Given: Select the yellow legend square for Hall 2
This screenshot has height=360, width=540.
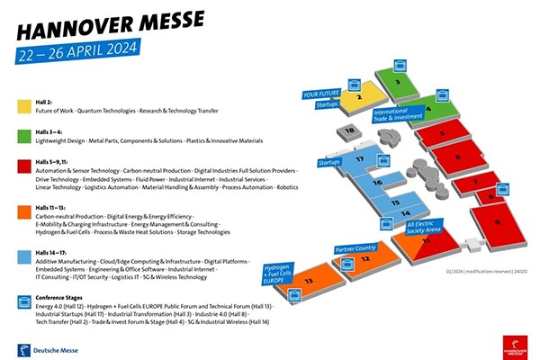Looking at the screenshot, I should tap(23, 106).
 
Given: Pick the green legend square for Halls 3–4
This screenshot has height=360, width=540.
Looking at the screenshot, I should tap(23, 136).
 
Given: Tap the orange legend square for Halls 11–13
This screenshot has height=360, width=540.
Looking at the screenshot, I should tap(23, 212).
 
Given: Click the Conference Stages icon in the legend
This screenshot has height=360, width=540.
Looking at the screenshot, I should tap(23, 301).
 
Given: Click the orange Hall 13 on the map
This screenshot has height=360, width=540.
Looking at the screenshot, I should tap(310, 283).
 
